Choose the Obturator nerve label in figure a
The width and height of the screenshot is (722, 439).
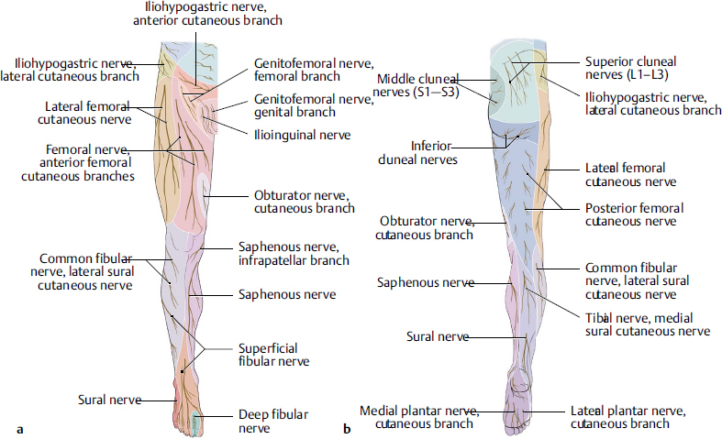pos(304,202)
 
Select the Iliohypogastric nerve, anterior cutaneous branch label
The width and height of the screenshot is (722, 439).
pos(206,14)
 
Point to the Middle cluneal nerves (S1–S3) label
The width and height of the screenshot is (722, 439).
pos(417,85)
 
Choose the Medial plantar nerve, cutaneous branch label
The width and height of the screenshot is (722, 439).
pos(417,417)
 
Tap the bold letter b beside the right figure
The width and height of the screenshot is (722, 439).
pos(346,427)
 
